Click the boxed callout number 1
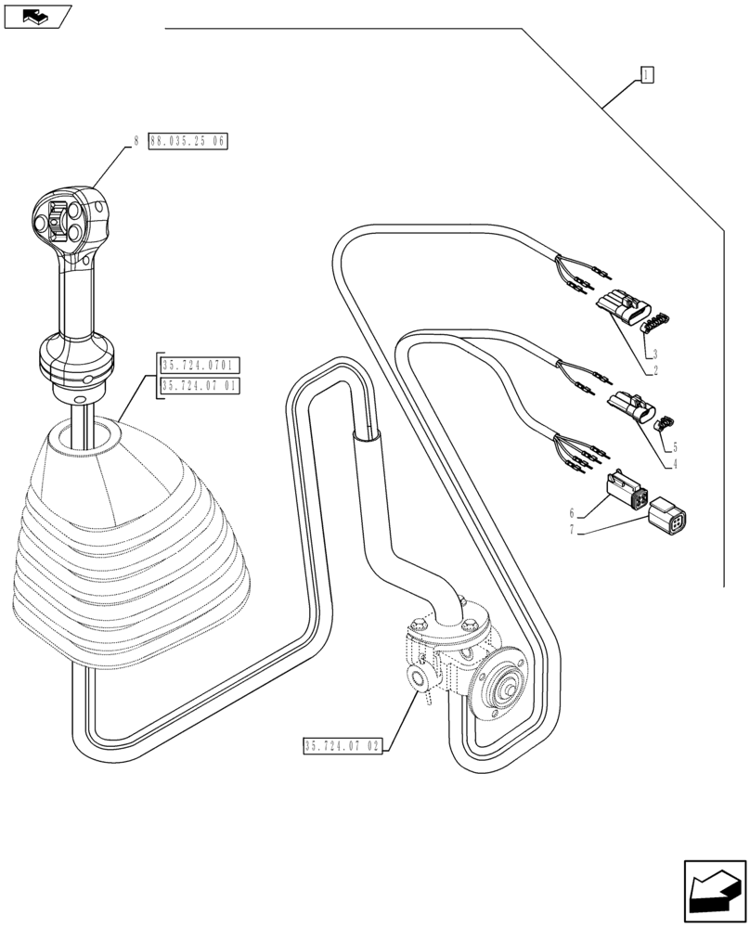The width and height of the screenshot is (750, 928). click(647, 75)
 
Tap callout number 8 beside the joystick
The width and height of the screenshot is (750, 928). click(136, 141)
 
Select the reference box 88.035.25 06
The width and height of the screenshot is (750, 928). click(187, 141)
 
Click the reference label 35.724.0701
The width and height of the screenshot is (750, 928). click(200, 366)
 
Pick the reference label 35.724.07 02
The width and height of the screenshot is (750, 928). click(343, 745)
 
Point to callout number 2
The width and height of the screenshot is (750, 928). click(655, 369)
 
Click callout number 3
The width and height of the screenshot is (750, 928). click(655, 354)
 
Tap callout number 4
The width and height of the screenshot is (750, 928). click(675, 464)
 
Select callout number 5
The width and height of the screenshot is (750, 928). click(675, 446)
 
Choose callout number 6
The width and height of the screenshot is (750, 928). click(574, 512)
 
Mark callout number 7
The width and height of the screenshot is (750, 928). click(574, 530)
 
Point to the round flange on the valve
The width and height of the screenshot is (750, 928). click(498, 690)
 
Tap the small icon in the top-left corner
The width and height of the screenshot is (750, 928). click(37, 16)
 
